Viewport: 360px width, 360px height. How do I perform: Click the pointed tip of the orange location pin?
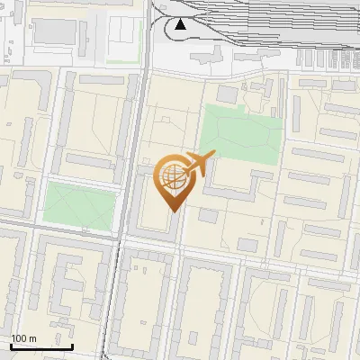click(x=172, y=210)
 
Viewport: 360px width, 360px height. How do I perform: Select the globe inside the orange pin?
click(x=172, y=176)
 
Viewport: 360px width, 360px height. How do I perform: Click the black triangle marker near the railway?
click(x=181, y=24)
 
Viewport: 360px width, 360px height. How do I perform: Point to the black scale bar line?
click(x=41, y=346)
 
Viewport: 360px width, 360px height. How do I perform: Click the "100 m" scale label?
click(x=23, y=338)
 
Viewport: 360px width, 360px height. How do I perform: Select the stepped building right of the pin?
click(x=236, y=185)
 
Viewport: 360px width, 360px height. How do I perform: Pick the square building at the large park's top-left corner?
click(x=227, y=94)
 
